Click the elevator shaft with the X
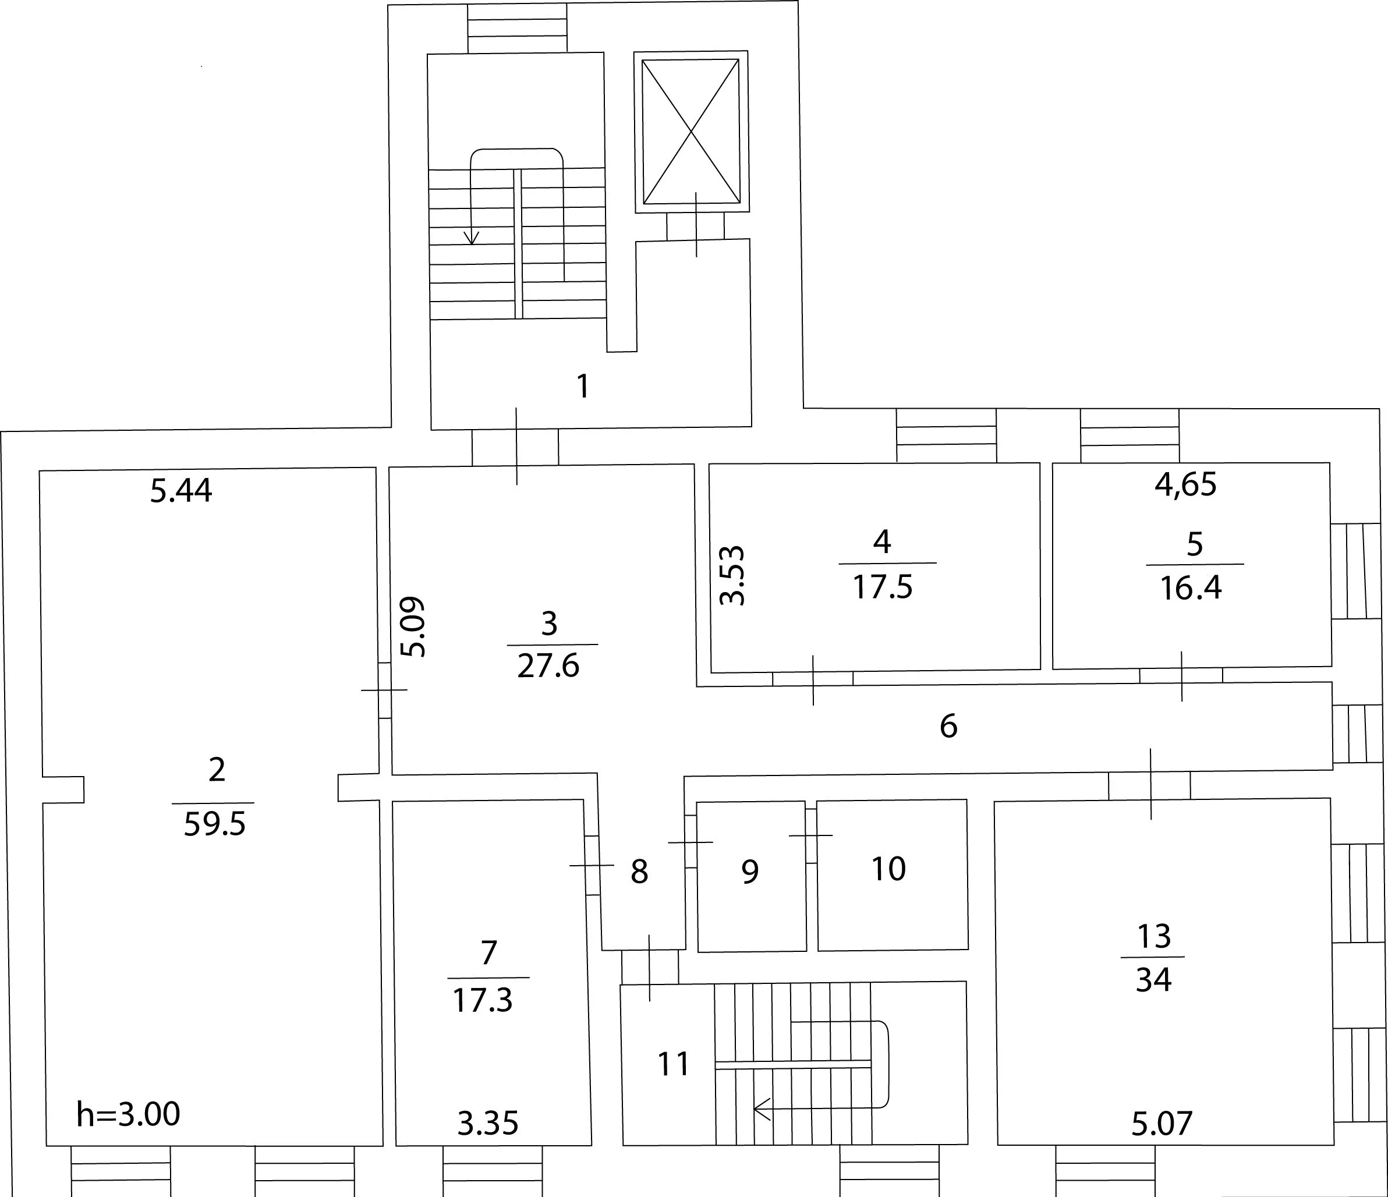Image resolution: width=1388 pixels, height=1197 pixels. (691, 132)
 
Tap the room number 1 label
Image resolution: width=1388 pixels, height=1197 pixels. (583, 387)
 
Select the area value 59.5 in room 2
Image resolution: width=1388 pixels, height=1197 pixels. (214, 824)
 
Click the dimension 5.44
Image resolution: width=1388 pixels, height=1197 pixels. (181, 490)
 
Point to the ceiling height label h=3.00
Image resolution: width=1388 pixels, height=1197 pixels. (128, 1114)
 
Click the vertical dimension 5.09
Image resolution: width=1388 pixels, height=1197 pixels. (413, 626)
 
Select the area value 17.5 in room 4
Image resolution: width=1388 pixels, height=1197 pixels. (882, 587)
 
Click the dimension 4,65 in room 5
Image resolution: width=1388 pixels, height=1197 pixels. (1186, 484)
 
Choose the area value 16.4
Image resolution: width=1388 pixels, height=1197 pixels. (1191, 588)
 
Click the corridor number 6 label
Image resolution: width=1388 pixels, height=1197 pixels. (948, 726)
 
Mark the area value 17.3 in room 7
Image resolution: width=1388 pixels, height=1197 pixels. (482, 1000)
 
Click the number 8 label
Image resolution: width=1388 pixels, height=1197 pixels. (639, 872)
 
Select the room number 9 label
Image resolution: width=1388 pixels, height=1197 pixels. (750, 871)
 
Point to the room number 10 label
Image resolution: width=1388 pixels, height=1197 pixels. (889, 869)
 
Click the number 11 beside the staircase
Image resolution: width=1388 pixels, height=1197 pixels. (673, 1064)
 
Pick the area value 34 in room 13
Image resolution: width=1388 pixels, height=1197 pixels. (1153, 980)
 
